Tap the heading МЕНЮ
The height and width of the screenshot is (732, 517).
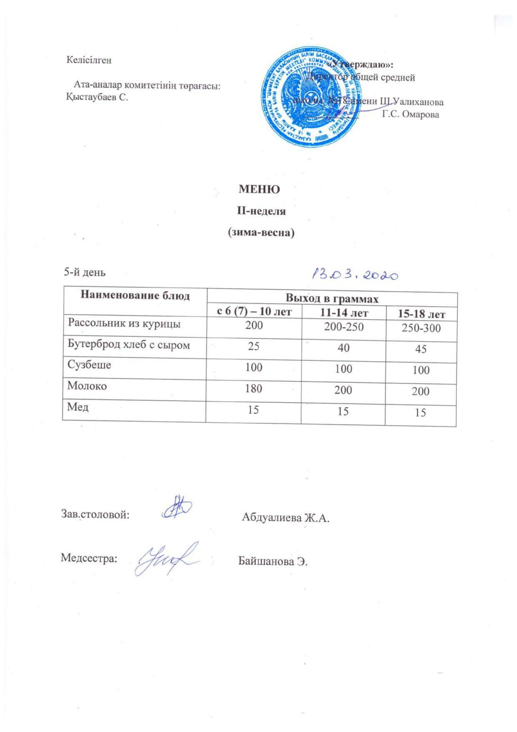pyautogui.click(x=259, y=189)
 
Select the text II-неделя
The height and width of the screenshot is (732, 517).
pyautogui.click(x=261, y=211)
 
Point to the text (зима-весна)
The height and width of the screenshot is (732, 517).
pyautogui.click(x=261, y=233)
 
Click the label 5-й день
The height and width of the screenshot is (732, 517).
pyautogui.click(x=85, y=272)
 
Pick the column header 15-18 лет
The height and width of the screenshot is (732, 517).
pyautogui.click(x=422, y=314)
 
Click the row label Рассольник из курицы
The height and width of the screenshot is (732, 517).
pyautogui.click(x=124, y=324)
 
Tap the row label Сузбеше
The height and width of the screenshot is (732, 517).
pyautogui.click(x=89, y=365)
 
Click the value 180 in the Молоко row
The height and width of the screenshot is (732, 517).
pyautogui.click(x=253, y=388)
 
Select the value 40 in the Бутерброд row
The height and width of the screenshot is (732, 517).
pyautogui.click(x=344, y=347)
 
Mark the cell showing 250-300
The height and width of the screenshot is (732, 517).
pyautogui.click(x=421, y=328)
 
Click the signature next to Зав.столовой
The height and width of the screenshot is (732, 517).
pyautogui.click(x=176, y=508)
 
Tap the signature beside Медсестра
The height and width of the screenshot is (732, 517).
pyautogui.click(x=167, y=556)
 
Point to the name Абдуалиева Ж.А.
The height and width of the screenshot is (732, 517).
pyautogui.click(x=286, y=518)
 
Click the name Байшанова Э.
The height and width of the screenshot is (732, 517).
pyautogui.click(x=273, y=561)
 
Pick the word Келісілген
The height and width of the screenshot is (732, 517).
pyautogui.click(x=89, y=60)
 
